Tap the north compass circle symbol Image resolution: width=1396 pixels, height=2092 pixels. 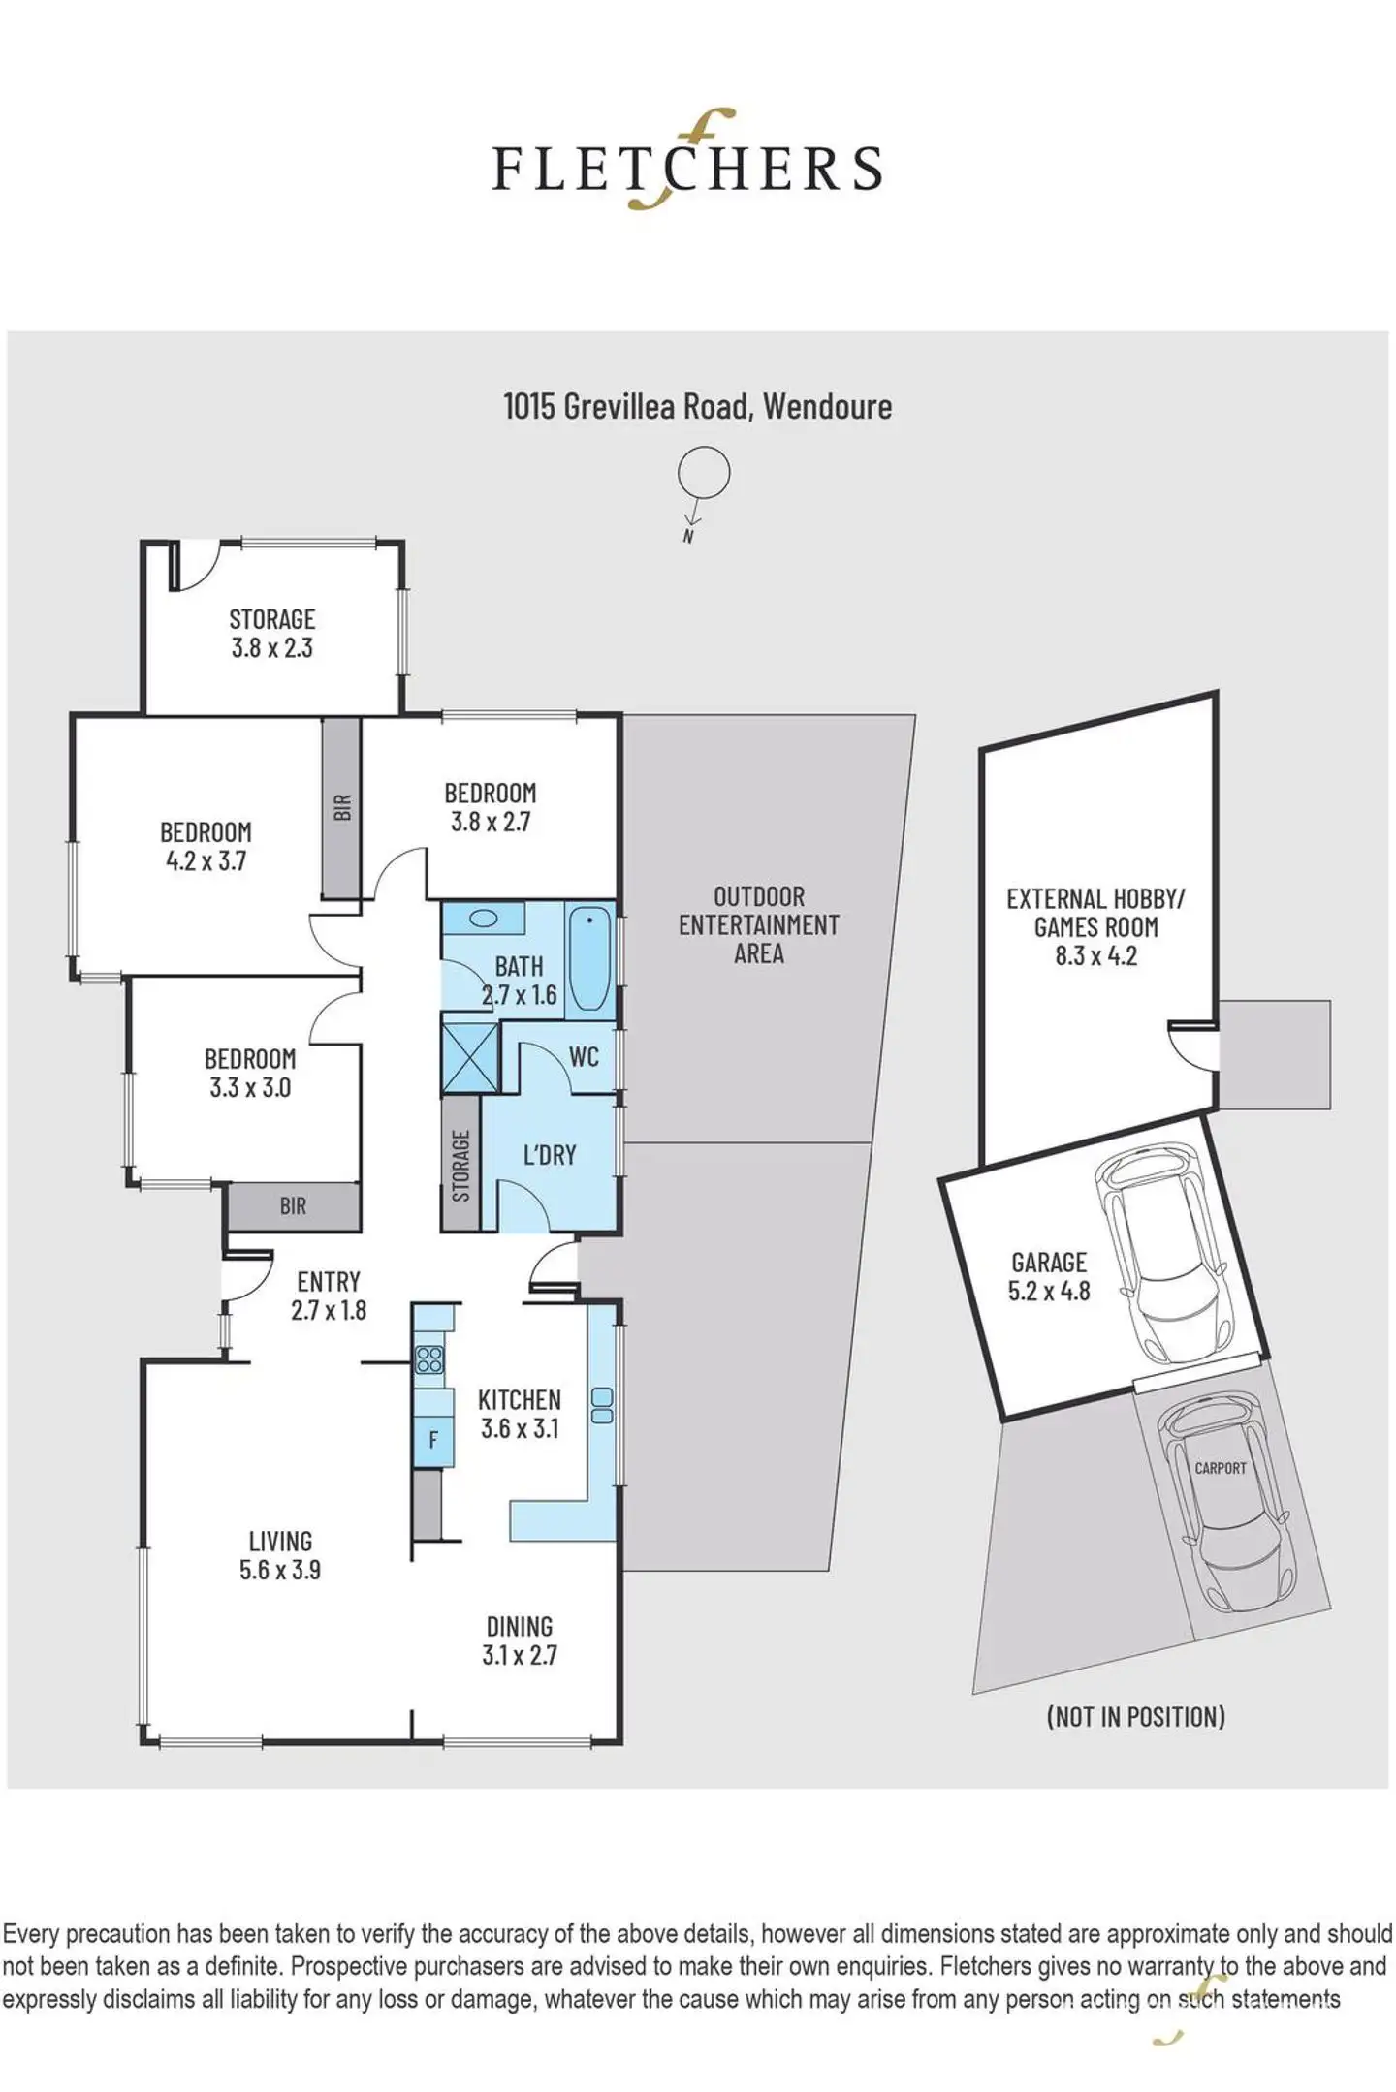703,473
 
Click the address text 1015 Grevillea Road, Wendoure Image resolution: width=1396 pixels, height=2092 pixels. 697,406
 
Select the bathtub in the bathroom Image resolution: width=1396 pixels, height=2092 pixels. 589,959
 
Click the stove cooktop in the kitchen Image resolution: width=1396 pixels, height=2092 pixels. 429,1359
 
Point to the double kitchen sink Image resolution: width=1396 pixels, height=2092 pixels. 602,1405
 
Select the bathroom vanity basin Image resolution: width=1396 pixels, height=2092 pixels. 487,918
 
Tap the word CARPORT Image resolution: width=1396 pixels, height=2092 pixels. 1221,1468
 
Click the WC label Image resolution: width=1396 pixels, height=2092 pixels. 584,1056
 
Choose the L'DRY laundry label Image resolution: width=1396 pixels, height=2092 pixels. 550,1155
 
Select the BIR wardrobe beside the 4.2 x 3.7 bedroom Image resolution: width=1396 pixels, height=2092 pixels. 341,808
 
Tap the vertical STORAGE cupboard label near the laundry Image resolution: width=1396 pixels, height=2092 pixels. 461,1165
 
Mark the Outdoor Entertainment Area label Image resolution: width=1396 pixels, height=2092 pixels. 758,924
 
